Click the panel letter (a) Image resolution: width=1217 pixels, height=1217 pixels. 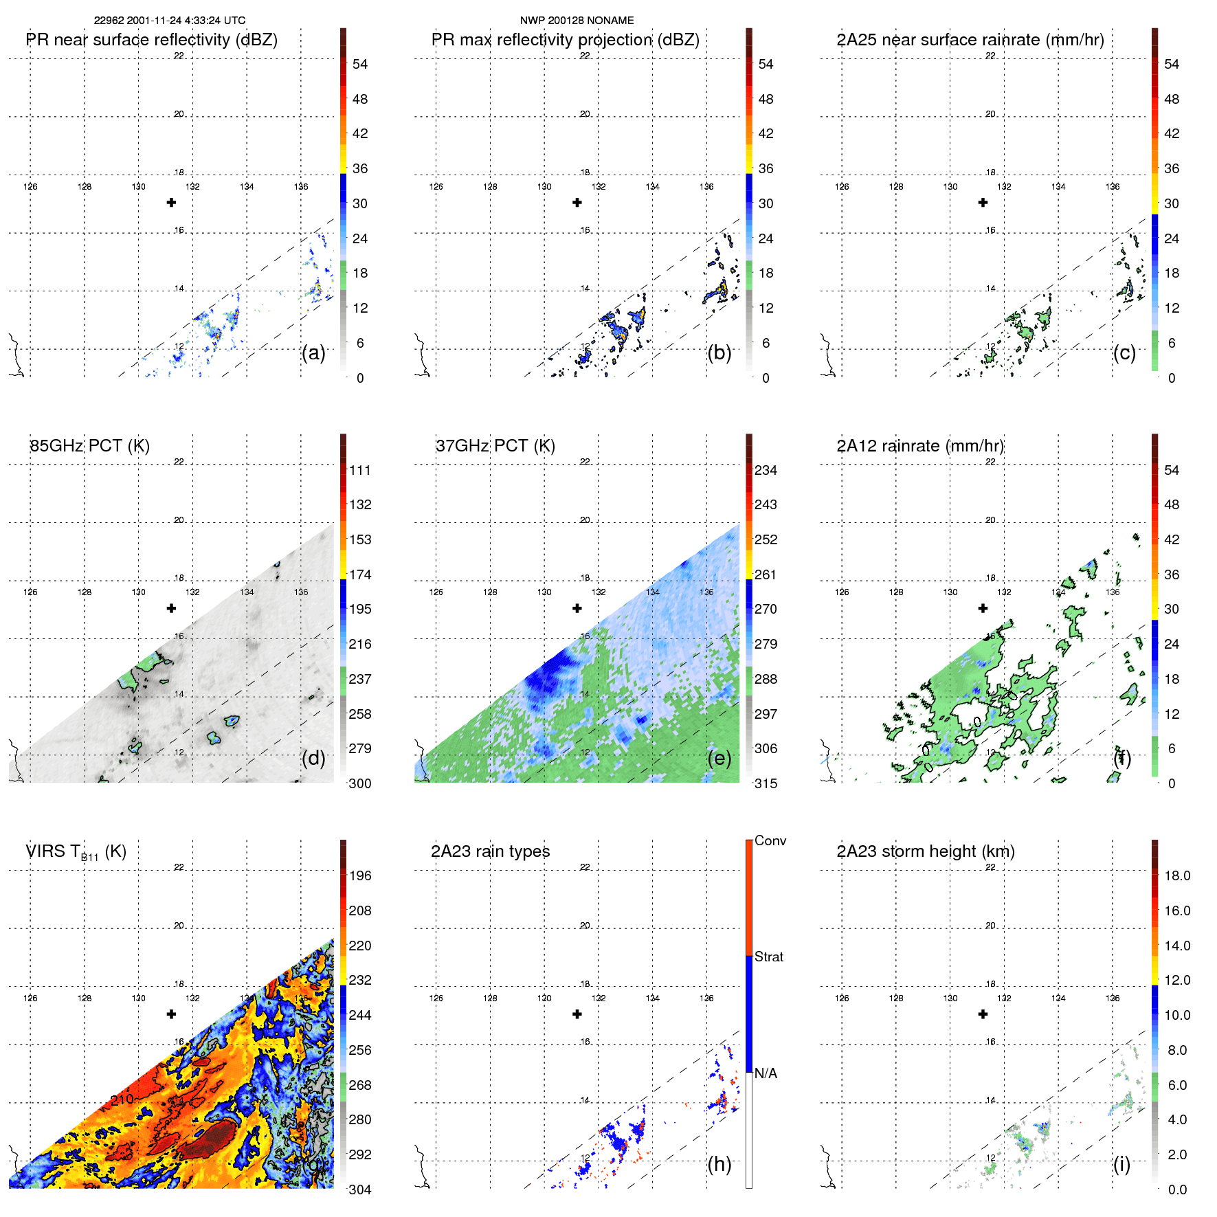pyautogui.click(x=313, y=353)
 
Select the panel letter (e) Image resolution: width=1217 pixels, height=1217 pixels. pyautogui.click(x=719, y=759)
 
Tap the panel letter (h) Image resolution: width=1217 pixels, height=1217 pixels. pyautogui.click(x=719, y=1164)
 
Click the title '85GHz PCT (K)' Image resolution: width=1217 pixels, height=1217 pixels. pyautogui.click(x=89, y=445)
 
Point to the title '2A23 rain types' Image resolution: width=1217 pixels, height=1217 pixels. pyautogui.click(x=490, y=851)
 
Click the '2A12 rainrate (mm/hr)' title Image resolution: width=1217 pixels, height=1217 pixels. pyautogui.click(x=920, y=445)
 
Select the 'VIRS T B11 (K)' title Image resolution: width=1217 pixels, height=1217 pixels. pyautogui.click(x=76, y=852)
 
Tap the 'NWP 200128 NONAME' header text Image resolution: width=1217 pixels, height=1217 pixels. pyautogui.click(x=577, y=21)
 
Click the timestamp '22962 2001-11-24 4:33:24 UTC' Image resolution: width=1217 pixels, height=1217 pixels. pyautogui.click(x=170, y=21)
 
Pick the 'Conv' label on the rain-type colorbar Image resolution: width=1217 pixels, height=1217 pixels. pyautogui.click(x=770, y=840)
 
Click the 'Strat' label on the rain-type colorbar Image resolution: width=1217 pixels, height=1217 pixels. pyautogui.click(x=769, y=957)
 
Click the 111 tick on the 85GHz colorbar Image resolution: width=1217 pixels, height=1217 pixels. pyautogui.click(x=360, y=470)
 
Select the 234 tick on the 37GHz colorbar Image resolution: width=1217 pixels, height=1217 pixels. pyautogui.click(x=766, y=470)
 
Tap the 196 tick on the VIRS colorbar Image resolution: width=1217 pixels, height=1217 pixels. pyautogui.click(x=360, y=875)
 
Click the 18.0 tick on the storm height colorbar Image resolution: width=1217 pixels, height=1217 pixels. pyautogui.click(x=1177, y=875)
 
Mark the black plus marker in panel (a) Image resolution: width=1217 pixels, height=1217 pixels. pyautogui.click(x=172, y=202)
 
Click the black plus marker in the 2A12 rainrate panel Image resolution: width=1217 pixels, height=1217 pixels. pyautogui.click(x=983, y=608)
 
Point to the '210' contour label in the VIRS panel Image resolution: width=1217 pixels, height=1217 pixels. pyautogui.click(x=122, y=1099)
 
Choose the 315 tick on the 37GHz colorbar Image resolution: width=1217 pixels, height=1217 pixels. pyautogui.click(x=766, y=783)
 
